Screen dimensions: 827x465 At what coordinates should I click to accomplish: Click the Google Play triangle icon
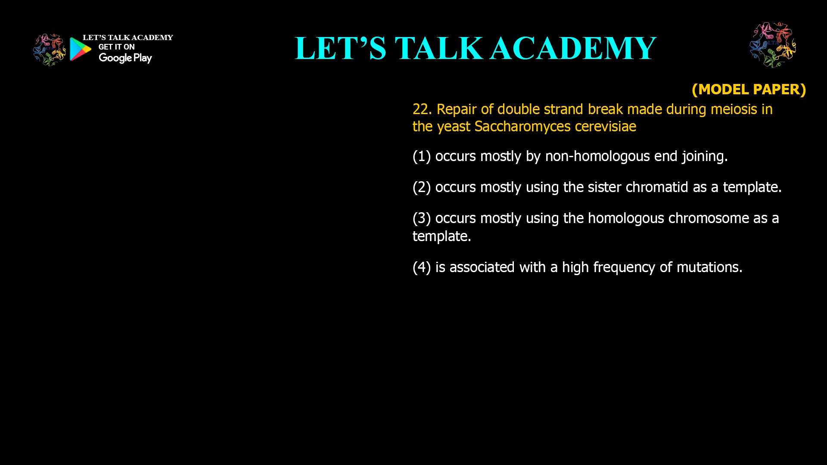click(81, 49)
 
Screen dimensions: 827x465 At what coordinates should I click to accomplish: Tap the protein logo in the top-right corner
click(773, 45)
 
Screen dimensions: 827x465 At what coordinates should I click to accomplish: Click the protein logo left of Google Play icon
click(50, 50)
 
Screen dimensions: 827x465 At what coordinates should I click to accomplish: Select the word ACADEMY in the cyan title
click(573, 48)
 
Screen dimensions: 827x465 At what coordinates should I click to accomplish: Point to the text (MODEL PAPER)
click(749, 89)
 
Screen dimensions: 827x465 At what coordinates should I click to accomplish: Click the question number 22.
click(422, 109)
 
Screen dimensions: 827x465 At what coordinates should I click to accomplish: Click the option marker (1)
click(422, 156)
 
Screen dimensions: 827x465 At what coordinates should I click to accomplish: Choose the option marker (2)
click(422, 187)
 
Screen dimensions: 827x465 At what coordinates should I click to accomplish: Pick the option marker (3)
click(422, 218)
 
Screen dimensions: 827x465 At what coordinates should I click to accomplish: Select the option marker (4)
click(422, 267)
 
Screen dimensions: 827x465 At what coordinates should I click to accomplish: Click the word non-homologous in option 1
click(597, 156)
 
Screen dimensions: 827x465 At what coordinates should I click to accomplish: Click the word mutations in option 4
click(709, 267)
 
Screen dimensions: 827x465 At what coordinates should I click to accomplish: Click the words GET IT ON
click(116, 47)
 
